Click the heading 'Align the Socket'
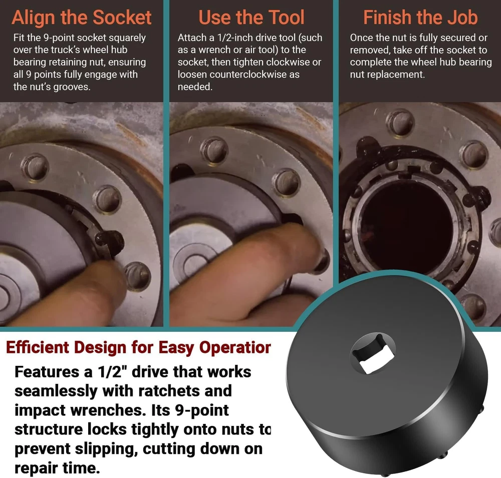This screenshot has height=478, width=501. tap(82, 17)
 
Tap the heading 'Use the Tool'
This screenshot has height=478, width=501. tap(252, 17)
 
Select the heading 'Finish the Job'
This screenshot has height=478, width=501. tap(420, 17)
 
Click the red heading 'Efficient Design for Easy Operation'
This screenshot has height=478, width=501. tap(138, 347)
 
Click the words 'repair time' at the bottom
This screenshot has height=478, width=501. tap(57, 468)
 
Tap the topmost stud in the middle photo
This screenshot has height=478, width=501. tap(214, 150)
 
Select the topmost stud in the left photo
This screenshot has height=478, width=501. tap(35, 166)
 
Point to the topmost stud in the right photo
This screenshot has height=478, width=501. tap(400, 122)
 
